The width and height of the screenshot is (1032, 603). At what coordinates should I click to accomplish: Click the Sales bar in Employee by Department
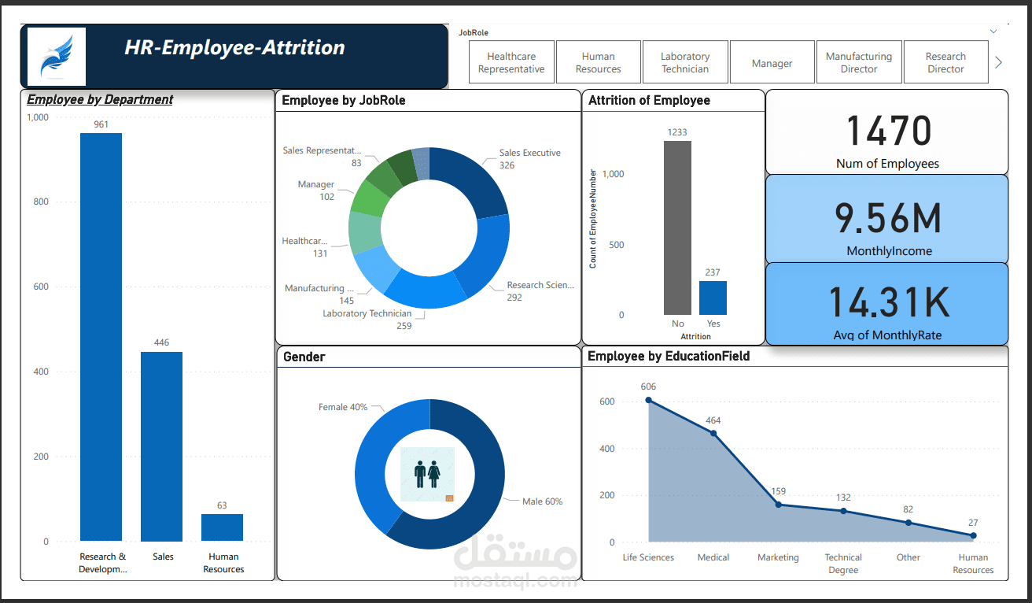[161, 446]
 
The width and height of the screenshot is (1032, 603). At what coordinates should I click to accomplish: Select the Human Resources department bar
[222, 527]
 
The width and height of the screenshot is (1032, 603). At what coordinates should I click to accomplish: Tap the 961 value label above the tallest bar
[101, 124]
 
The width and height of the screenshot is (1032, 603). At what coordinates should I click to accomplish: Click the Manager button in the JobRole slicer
[772, 63]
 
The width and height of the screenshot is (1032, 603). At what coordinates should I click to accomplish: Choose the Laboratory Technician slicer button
[684, 63]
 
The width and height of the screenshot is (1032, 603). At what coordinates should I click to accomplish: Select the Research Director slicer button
[945, 63]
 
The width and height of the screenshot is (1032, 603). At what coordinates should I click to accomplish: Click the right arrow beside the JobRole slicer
[998, 62]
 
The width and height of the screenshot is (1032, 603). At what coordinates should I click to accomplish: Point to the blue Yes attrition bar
[713, 298]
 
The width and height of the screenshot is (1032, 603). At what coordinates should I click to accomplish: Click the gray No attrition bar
[677, 228]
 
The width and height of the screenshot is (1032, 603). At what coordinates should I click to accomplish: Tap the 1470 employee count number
[888, 131]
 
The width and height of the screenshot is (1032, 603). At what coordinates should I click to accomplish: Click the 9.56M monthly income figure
[888, 218]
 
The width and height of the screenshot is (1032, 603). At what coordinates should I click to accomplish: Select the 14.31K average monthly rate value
[888, 302]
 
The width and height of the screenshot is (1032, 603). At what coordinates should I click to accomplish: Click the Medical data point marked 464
[713, 433]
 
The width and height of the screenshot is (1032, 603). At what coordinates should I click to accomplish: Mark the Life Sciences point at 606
[648, 400]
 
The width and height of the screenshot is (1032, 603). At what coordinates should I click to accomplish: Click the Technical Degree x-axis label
[842, 564]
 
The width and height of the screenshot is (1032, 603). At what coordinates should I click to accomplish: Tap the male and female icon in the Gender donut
[426, 474]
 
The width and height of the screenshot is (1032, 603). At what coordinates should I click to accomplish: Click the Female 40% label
[342, 407]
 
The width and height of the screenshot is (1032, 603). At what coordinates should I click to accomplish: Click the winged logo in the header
[56, 56]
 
